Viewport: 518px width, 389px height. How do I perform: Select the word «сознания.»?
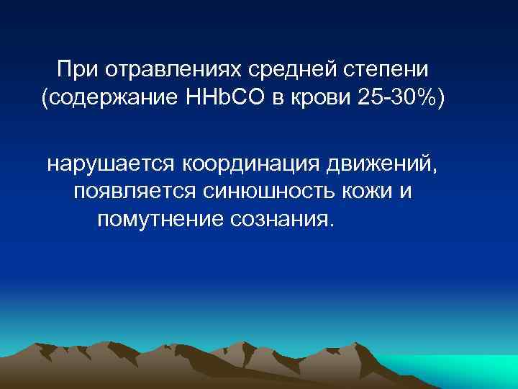pyautogui.click(x=282, y=219)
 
